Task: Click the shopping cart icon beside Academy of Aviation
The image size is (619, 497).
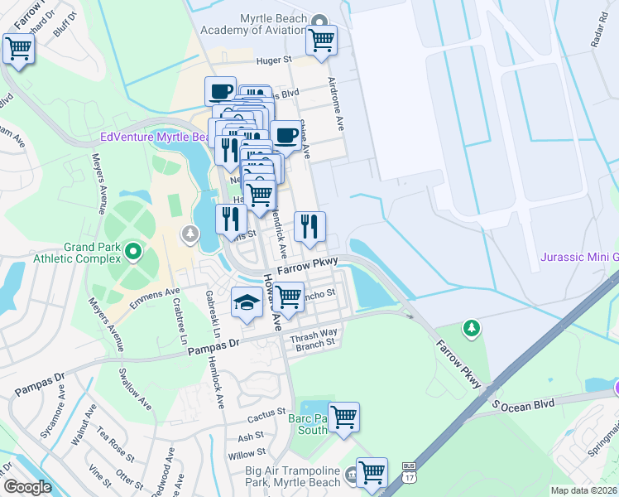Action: pos(321,38)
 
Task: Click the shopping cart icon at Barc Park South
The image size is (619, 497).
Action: pos(343,417)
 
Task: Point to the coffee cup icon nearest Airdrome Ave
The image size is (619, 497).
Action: pos(286,134)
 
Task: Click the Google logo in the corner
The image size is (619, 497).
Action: pos(26,487)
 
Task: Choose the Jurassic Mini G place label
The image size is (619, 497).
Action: pos(578,257)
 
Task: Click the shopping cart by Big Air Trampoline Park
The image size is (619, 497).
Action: pos(372,472)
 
